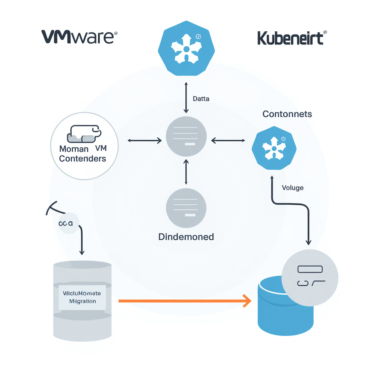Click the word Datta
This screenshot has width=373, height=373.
pyautogui.click(x=201, y=98)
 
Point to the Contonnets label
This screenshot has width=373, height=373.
pyautogui.click(x=287, y=114)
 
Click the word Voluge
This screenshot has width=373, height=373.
pyautogui.click(x=292, y=188)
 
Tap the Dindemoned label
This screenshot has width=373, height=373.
pyautogui.click(x=186, y=237)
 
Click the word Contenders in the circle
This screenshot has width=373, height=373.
pyautogui.click(x=83, y=158)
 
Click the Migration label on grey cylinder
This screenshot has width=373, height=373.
pyautogui.click(x=82, y=301)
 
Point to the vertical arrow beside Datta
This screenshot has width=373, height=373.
pyautogui.click(x=186, y=98)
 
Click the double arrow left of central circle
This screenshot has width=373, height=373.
pyautogui.click(x=145, y=140)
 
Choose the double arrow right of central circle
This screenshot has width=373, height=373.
pyautogui.click(x=228, y=140)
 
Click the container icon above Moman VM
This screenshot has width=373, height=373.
pyautogui.click(x=83, y=134)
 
